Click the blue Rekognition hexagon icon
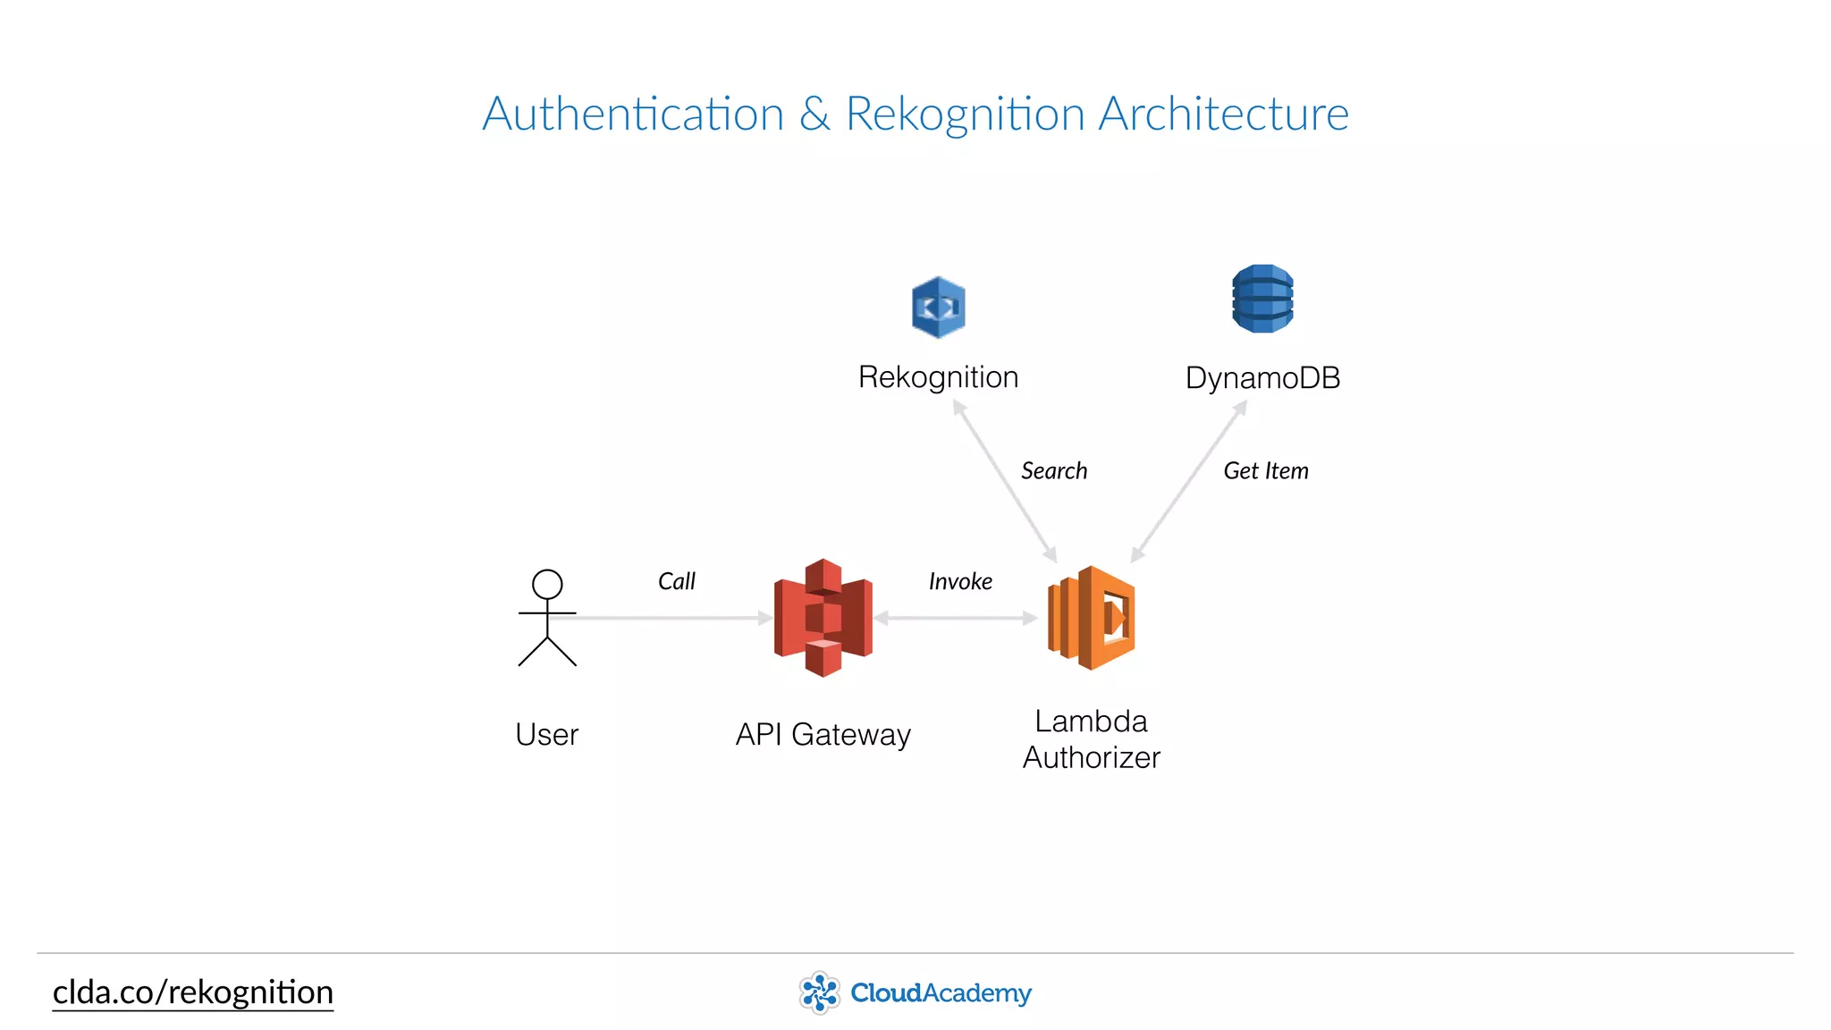938,307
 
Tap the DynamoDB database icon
1262,299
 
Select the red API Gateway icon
823,618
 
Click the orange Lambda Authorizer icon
1092,618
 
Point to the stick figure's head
547,585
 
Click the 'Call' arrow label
676,582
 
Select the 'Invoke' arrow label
960,582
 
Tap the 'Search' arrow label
1054,471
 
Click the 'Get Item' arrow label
1265,471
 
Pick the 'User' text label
547,735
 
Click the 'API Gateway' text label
823,735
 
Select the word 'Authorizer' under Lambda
1092,758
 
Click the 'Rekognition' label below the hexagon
938,377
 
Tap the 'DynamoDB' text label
1262,378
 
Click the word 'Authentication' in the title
633,114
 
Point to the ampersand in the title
814,114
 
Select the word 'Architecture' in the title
1223,114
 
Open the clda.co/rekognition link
193,992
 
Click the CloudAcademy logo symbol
819,992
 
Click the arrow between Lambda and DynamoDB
1188,483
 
